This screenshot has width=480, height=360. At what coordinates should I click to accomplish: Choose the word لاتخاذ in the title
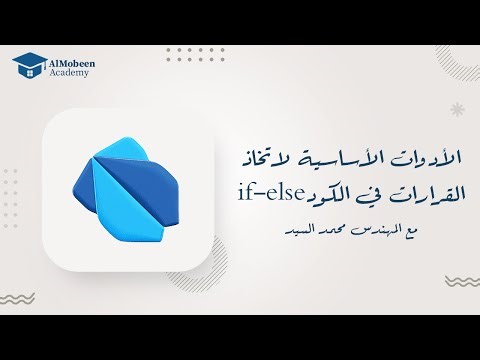pos(265,158)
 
